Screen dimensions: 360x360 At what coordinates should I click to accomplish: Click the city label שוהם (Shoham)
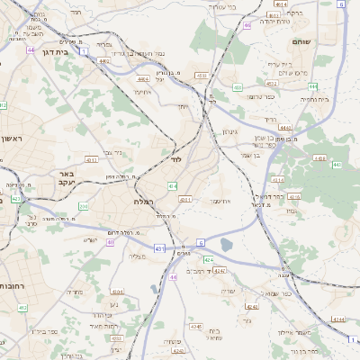pyautogui.click(x=301, y=41)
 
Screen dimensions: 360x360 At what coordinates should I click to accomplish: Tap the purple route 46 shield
pyautogui.click(x=246, y=25)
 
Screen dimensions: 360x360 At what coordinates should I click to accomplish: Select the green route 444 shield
pyautogui.click(x=311, y=86)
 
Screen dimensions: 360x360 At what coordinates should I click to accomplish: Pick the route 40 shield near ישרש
pyautogui.click(x=111, y=241)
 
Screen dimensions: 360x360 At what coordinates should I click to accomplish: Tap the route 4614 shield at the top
pyautogui.click(x=280, y=4)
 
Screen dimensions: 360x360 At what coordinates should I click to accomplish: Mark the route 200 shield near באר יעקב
pyautogui.click(x=83, y=206)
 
